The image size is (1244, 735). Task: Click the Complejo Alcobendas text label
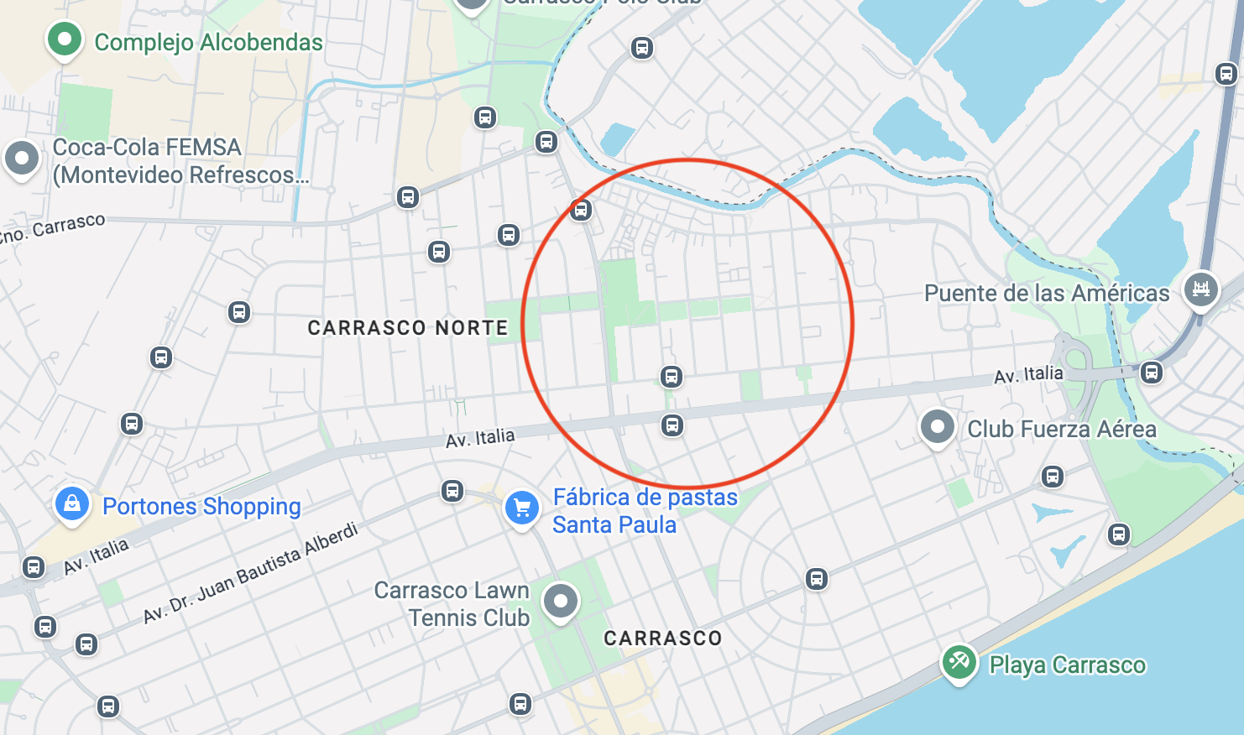(208, 43)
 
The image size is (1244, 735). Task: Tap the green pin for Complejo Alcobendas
(65, 39)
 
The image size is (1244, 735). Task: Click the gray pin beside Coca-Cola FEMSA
(22, 158)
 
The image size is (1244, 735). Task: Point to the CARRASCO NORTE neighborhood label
(408, 328)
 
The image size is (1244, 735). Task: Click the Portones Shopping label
(201, 507)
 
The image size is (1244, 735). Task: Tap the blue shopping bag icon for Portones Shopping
(72, 503)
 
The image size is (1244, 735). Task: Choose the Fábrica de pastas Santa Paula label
(644, 511)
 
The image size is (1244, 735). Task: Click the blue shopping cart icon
(521, 508)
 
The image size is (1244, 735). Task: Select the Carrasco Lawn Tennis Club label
(453, 604)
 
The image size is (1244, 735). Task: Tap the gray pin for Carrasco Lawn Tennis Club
(561, 601)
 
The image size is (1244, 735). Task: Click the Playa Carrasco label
(1067, 665)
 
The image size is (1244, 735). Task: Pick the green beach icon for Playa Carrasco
(959, 662)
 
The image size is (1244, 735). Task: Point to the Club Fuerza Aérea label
(1062, 430)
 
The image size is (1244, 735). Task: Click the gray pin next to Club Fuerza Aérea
(937, 427)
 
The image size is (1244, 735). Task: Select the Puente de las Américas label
(1047, 294)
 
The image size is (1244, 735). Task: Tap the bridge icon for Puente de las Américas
(1200, 289)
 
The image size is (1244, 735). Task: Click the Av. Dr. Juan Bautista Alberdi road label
(250, 573)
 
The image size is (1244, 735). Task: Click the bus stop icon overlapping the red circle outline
(581, 210)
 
